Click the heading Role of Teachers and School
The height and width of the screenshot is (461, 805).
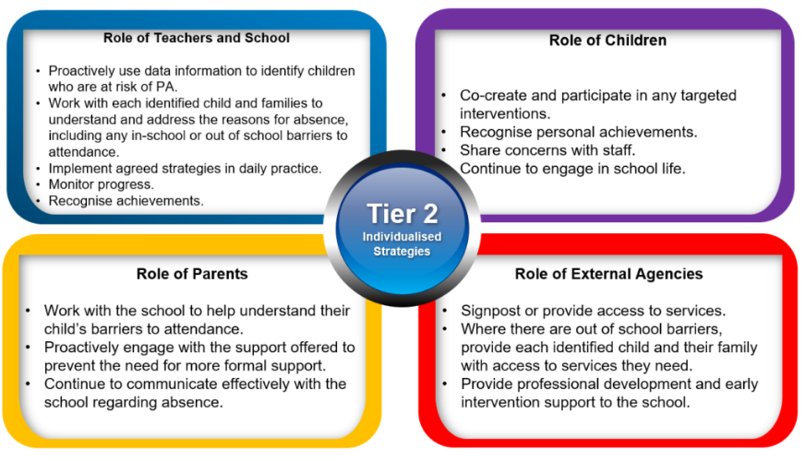[196, 38]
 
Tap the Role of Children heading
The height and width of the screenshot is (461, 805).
[607, 41]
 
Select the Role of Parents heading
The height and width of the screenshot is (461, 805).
[192, 274]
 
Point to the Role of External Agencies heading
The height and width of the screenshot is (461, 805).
[609, 274]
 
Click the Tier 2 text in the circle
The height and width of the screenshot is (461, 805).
[402, 214]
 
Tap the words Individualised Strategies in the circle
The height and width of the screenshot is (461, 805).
[402, 244]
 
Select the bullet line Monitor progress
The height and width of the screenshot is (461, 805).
[102, 184]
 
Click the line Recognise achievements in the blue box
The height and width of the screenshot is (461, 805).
[126, 201]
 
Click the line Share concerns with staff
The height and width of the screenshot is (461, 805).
[547, 150]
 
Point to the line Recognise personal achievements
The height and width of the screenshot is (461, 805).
[579, 132]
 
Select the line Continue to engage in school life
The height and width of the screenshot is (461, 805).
[572, 169]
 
